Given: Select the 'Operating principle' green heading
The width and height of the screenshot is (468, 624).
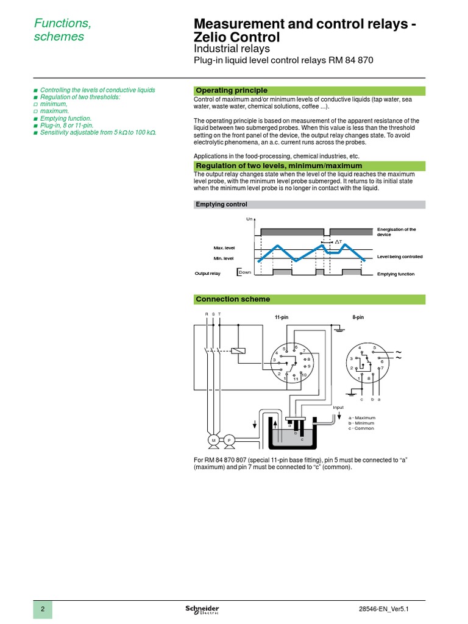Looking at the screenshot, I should click(x=231, y=91).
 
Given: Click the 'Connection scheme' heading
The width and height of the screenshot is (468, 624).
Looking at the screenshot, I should click(x=233, y=299).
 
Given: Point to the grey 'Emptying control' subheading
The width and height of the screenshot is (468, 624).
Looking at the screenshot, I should click(x=221, y=205).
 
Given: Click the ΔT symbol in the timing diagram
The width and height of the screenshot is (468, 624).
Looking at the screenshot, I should click(x=338, y=243).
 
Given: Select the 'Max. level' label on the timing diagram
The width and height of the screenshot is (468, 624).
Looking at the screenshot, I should click(x=224, y=248).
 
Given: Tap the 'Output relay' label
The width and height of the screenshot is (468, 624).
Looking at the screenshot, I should click(x=207, y=274).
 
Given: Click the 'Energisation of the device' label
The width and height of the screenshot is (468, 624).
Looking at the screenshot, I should click(x=397, y=232).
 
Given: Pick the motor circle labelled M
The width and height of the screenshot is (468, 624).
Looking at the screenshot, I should click(x=214, y=440).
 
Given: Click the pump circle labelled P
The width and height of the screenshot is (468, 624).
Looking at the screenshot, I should click(x=230, y=440).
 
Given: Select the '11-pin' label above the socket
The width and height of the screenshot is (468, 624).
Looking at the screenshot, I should click(x=281, y=317).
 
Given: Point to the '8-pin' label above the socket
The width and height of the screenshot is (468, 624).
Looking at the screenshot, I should click(x=358, y=317).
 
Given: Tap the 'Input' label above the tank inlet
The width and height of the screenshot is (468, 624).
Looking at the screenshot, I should click(x=338, y=407).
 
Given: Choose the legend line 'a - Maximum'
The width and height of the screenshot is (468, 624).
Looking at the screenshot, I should click(x=361, y=417).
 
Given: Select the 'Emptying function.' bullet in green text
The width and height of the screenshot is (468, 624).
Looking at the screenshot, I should click(x=66, y=118).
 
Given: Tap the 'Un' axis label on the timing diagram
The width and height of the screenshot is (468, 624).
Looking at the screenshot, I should click(x=249, y=219).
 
